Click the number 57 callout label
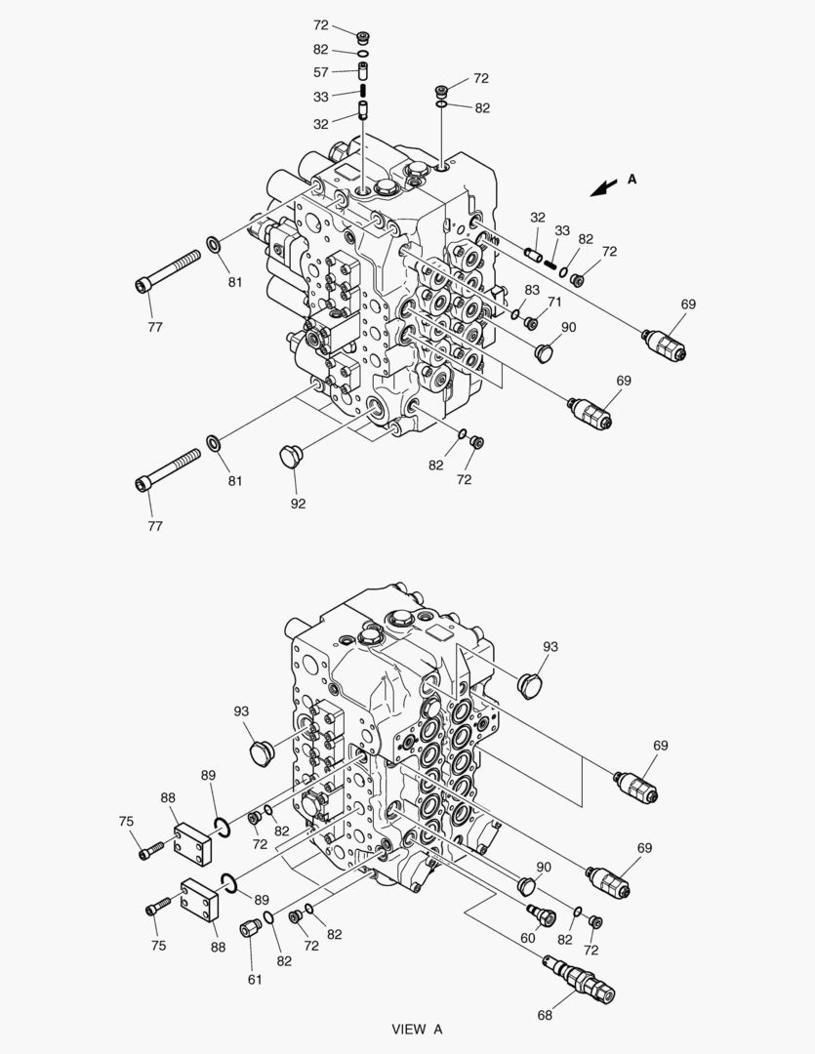point(321,72)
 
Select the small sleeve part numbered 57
point(363,69)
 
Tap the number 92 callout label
point(298,504)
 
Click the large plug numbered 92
point(289,455)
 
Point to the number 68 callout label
point(545,1015)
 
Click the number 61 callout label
point(254,980)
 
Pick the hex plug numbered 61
point(250,927)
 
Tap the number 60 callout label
point(528,938)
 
